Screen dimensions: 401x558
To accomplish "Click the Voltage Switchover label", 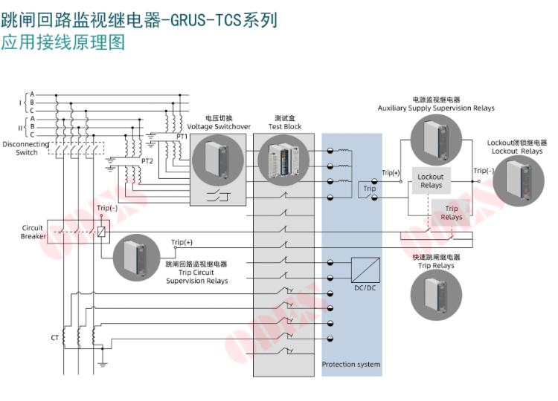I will [x=219, y=127].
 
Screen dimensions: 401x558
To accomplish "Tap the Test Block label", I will [x=285, y=127].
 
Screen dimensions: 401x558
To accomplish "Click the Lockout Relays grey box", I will [x=431, y=181].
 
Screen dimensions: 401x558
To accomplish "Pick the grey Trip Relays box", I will [x=452, y=213].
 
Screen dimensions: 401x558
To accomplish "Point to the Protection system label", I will [x=351, y=364].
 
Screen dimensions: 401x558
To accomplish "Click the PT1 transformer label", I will [x=182, y=137].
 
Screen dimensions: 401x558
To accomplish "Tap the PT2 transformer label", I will [x=148, y=160].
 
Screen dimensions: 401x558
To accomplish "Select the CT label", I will [x=54, y=338].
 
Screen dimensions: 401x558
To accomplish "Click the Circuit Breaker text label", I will [x=33, y=232].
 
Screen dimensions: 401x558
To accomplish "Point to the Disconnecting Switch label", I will [x=26, y=149].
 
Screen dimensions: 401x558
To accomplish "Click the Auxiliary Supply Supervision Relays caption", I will [x=436, y=108].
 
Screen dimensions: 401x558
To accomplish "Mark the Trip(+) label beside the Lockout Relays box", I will [x=391, y=173].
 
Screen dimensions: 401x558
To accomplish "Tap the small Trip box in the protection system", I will [x=370, y=189].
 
